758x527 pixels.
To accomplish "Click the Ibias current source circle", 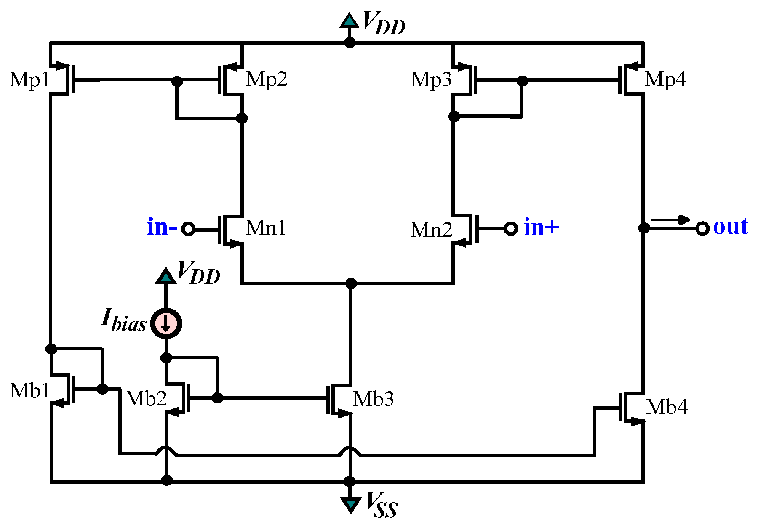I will click(x=166, y=323).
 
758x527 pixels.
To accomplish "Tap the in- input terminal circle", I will click(x=188, y=229).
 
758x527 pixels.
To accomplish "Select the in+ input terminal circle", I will click(x=511, y=228).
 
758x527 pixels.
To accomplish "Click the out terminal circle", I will click(x=702, y=228).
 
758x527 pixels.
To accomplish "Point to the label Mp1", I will click(x=29, y=79).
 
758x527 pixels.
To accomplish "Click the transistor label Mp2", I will click(x=266, y=79).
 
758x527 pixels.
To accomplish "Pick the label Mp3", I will click(x=431, y=79).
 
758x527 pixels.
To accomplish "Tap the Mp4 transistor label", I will click(x=665, y=79).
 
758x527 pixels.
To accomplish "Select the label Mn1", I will click(x=265, y=228).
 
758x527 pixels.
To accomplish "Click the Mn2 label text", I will click(x=431, y=230).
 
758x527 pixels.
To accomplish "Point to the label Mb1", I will click(x=29, y=391).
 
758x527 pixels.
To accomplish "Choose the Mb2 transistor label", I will click(x=146, y=398).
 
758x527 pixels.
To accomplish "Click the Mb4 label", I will click(x=667, y=407).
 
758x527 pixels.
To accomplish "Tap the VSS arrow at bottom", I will click(x=350, y=504).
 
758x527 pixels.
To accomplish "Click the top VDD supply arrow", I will click(x=350, y=21).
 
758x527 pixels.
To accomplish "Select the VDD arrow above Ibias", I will click(x=166, y=276).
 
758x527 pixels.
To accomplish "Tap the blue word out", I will click(x=731, y=227).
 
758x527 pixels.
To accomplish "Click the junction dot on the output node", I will click(x=643, y=228).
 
